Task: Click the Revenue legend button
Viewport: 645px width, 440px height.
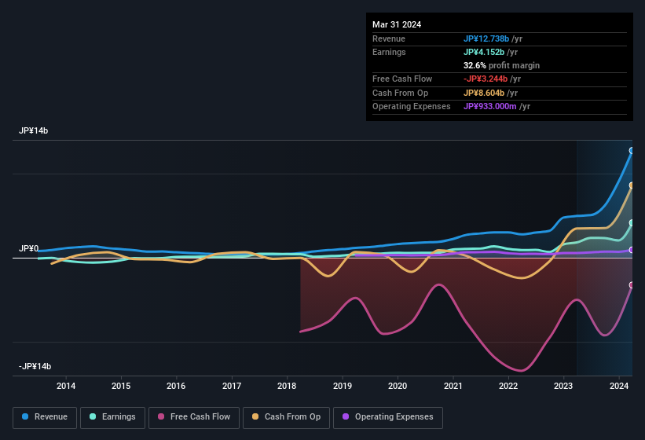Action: click(x=45, y=416)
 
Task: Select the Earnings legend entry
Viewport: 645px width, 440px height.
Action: click(x=112, y=416)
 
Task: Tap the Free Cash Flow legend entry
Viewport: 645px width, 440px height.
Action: click(x=194, y=416)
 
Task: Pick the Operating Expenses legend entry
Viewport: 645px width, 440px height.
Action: click(x=388, y=416)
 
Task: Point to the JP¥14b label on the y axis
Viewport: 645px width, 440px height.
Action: click(x=34, y=131)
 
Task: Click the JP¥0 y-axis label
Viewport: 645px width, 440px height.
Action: click(x=28, y=248)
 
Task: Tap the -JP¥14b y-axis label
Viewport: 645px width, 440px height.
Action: click(x=35, y=367)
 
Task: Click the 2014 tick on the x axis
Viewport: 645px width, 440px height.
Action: click(x=66, y=386)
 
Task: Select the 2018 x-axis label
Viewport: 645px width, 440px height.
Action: click(x=287, y=386)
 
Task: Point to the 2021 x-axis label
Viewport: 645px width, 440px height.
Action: click(x=453, y=386)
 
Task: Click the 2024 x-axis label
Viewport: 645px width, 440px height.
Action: click(x=618, y=386)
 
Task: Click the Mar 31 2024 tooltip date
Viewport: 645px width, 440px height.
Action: click(x=397, y=24)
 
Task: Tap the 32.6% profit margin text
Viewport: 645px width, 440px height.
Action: click(x=501, y=65)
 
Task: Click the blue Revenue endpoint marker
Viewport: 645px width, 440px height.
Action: click(x=632, y=151)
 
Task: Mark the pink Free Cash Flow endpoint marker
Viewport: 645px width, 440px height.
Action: click(x=632, y=285)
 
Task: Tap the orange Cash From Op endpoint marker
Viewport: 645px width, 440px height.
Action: click(x=632, y=186)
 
